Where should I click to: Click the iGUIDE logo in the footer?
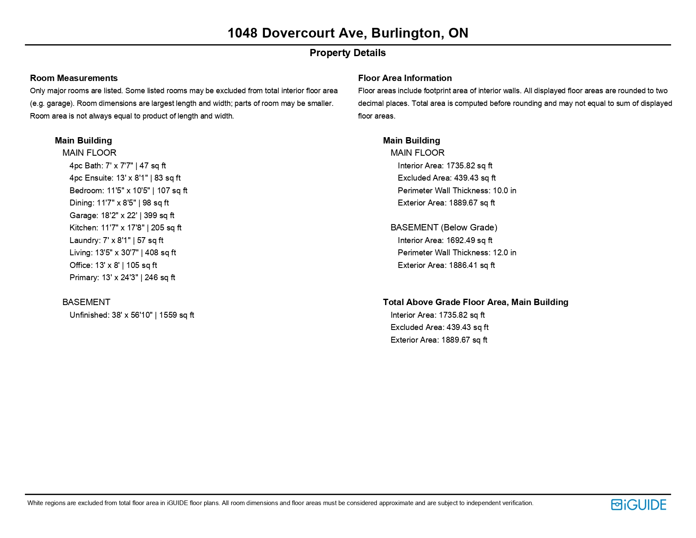[x=638, y=505]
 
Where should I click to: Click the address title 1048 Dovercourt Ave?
[x=348, y=33]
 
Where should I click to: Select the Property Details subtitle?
[x=348, y=53]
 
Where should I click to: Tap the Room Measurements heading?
[x=74, y=78]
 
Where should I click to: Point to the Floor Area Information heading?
[x=405, y=78]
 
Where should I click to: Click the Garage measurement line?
[x=122, y=215]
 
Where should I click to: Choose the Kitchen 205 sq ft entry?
[x=125, y=228]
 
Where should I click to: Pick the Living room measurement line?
[x=123, y=253]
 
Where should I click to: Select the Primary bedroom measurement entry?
[x=122, y=278]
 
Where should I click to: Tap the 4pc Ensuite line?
[x=125, y=178]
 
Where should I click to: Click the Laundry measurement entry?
[x=116, y=240]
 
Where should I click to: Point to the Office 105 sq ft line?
[x=113, y=265]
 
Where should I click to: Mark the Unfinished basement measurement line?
[x=132, y=315]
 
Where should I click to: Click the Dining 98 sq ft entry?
[x=119, y=203]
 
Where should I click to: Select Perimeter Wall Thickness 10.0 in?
[x=457, y=191]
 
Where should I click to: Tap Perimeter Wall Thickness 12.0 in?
[x=457, y=253]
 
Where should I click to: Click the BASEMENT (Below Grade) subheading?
[x=444, y=227]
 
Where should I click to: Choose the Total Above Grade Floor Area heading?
[x=475, y=302]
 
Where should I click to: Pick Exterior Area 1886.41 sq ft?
[x=446, y=265]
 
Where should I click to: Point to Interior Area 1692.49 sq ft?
[x=445, y=240]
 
